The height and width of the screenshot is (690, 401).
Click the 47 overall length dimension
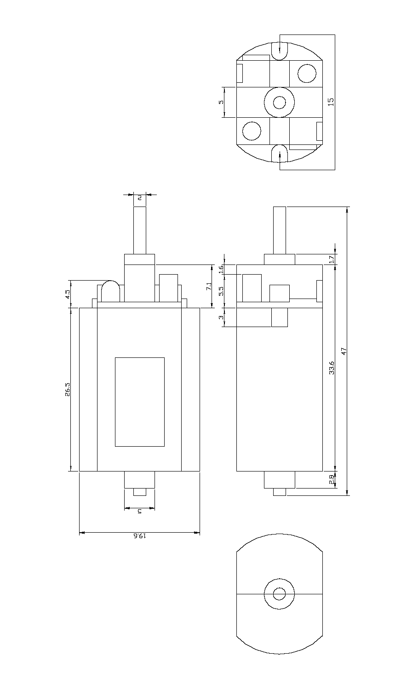(x=343, y=351)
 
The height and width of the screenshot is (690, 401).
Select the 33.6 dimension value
(x=332, y=368)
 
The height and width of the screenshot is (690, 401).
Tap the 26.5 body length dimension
(x=67, y=389)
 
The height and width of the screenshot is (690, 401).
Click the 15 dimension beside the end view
(x=331, y=102)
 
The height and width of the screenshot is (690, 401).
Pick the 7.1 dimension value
(x=209, y=287)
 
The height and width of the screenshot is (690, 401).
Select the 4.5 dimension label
(x=67, y=294)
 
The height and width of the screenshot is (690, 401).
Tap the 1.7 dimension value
(x=332, y=260)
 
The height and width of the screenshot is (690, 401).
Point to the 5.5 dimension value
(x=221, y=291)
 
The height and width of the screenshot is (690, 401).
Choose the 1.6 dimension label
(x=221, y=270)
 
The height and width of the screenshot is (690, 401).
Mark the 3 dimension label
(x=221, y=317)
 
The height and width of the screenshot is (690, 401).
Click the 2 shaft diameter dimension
(x=139, y=197)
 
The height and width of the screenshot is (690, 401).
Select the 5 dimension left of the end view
(x=221, y=102)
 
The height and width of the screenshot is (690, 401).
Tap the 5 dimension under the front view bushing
(x=139, y=511)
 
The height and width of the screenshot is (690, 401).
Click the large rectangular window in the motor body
(x=139, y=402)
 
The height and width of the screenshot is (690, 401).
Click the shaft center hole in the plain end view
(x=279, y=594)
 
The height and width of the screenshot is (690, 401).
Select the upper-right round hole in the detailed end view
(x=307, y=73)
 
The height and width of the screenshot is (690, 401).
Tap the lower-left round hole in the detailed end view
(x=252, y=131)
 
